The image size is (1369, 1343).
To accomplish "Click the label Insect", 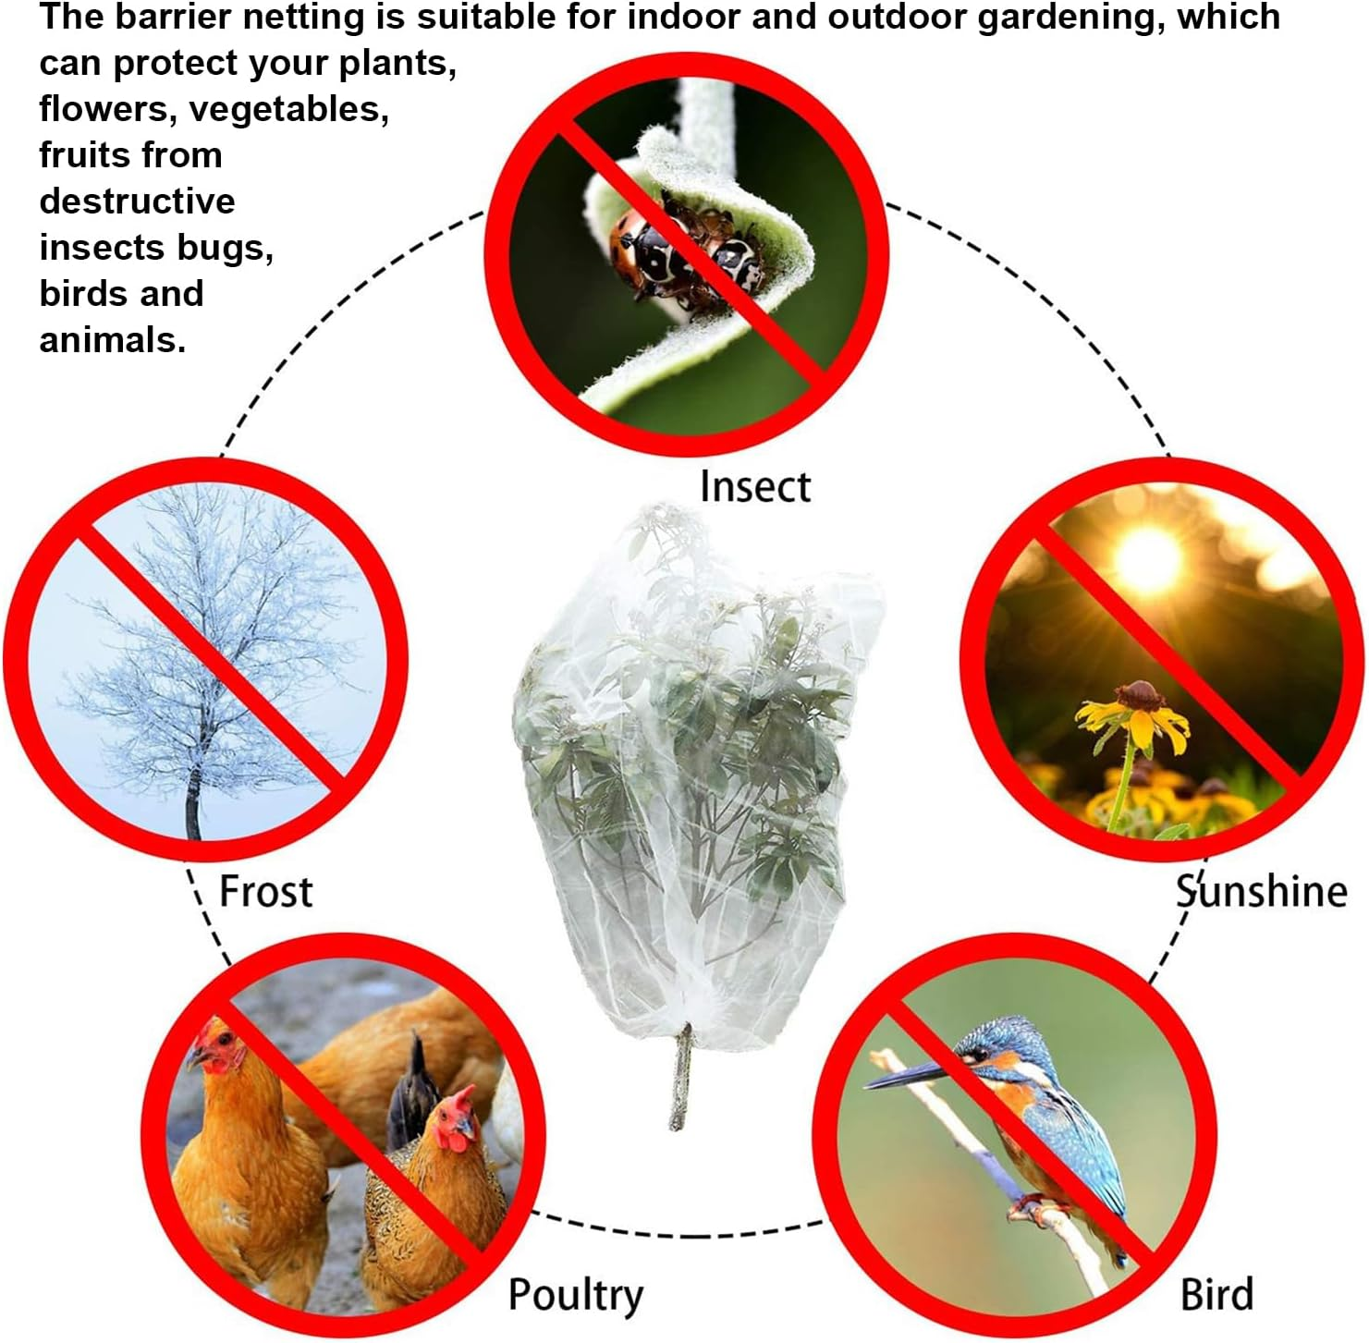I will pos(754,487).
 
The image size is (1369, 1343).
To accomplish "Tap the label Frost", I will pos(265,892).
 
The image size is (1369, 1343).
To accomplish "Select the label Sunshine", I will pos(1261,892).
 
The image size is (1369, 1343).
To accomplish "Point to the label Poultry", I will pos(575,1295).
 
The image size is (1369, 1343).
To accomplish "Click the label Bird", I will pos(1216,1294).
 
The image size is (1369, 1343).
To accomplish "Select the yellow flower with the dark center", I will pos(1135,711).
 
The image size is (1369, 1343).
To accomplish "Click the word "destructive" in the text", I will pos(137,201).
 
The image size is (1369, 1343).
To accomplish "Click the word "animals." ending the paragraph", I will pos(112,340).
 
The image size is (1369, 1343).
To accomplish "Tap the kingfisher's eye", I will pos(981,1053).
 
